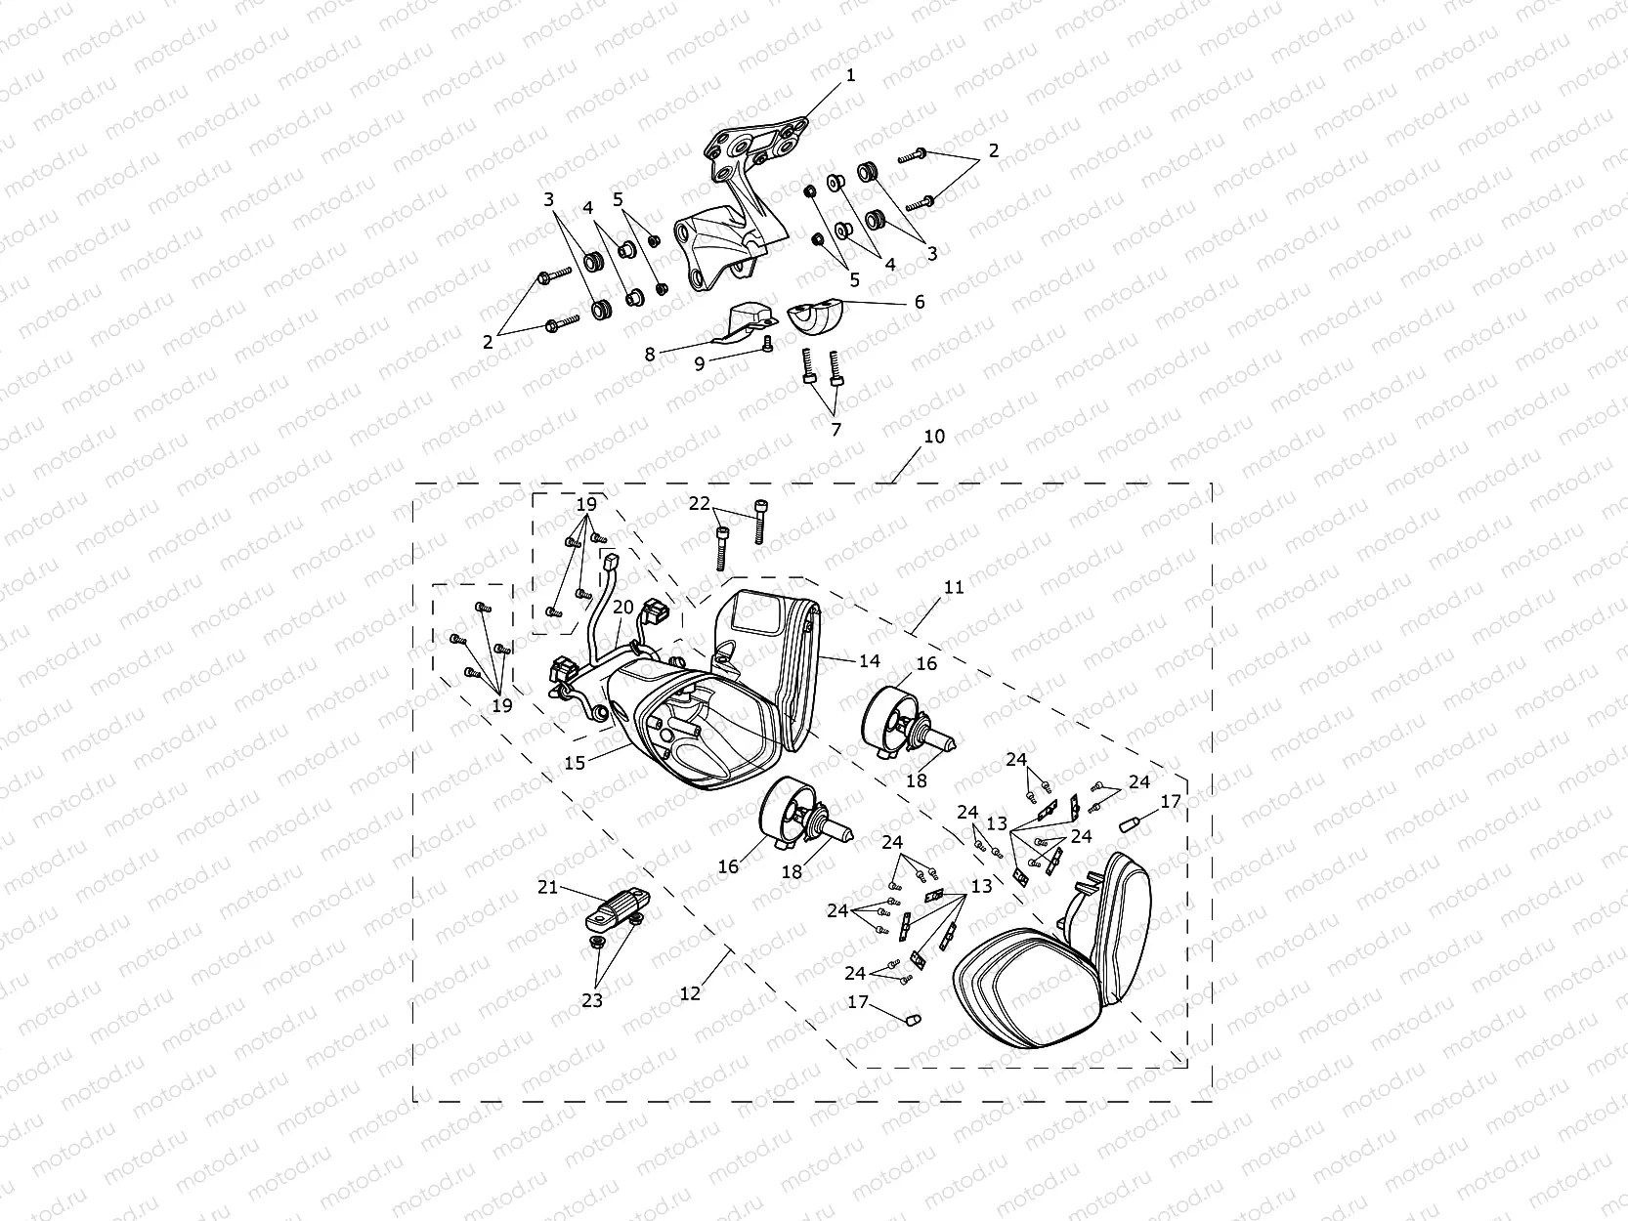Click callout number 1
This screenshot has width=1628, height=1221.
850,75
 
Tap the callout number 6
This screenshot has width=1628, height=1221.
919,302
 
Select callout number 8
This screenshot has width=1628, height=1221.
650,355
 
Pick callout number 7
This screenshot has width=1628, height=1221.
835,428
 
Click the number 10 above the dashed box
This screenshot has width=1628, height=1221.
934,436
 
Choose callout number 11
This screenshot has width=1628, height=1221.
954,587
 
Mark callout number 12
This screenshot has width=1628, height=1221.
690,992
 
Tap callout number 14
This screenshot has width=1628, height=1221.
869,661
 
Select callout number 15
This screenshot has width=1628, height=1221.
575,763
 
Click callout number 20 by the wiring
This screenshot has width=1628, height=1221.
623,607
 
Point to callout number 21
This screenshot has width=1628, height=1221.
546,887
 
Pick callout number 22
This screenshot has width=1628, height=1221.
700,503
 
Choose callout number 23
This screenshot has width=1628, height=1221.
592,1000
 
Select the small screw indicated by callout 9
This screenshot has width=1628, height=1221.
767,342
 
